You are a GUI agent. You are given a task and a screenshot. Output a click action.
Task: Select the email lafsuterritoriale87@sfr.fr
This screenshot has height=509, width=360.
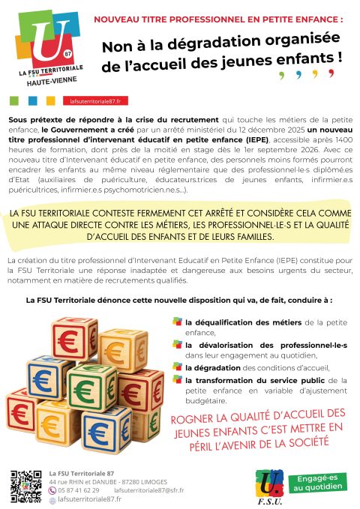(x=147, y=490)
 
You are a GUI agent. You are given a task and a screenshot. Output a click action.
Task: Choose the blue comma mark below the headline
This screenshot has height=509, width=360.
(x=298, y=76)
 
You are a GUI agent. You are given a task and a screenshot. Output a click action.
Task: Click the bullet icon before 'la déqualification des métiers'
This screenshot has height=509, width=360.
(x=177, y=322)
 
